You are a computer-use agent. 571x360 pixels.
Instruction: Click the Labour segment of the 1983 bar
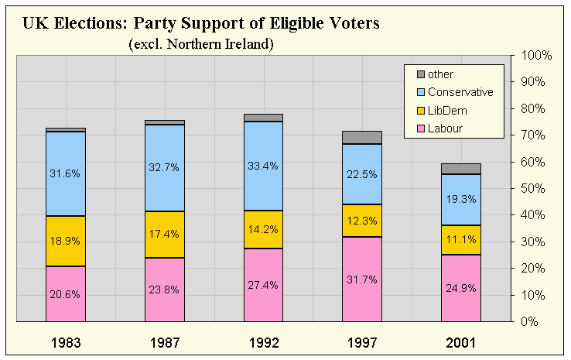click(x=65, y=294)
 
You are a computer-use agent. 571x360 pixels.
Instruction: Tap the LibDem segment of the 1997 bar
click(x=362, y=220)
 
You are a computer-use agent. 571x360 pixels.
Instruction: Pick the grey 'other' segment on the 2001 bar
click(x=461, y=169)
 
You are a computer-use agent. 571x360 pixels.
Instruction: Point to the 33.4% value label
click(x=263, y=166)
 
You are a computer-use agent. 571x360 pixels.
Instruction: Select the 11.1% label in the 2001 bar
click(x=461, y=238)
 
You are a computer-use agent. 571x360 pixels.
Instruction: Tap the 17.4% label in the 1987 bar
click(x=164, y=233)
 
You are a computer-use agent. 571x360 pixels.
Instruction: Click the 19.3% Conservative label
click(x=461, y=198)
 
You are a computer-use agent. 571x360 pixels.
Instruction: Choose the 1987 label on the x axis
click(x=164, y=341)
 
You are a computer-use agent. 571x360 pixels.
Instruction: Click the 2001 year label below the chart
click(x=461, y=341)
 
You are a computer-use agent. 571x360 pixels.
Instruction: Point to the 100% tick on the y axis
click(x=536, y=56)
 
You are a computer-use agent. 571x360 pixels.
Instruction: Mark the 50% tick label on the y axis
click(x=536, y=188)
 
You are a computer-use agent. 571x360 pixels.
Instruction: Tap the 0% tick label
click(x=536, y=321)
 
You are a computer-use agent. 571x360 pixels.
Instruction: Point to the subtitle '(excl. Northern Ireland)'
click(x=200, y=44)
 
